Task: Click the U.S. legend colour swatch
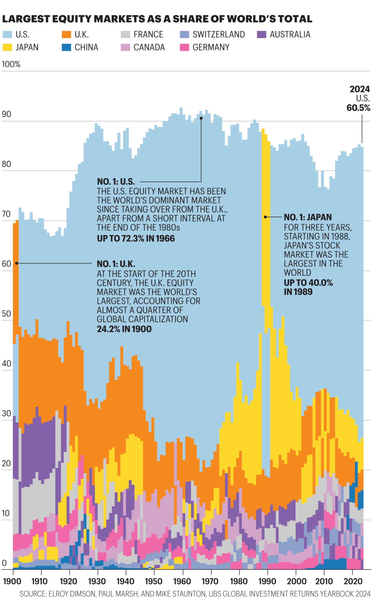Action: tap(7, 34)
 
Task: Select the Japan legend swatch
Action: tap(7, 47)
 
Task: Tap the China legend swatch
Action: tap(66, 47)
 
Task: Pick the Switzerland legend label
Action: tap(219, 34)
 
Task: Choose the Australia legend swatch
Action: tap(261, 34)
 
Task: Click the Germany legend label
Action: tap(211, 47)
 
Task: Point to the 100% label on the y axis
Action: tap(11, 64)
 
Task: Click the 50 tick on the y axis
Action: tap(6, 314)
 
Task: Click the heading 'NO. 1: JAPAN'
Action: tap(308, 217)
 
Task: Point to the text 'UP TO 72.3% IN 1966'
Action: tap(136, 238)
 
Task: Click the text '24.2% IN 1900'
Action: tap(124, 329)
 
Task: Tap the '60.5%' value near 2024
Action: tap(358, 108)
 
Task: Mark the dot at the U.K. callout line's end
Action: tap(17, 263)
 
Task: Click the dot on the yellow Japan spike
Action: tap(265, 217)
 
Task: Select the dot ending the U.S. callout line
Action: tap(201, 118)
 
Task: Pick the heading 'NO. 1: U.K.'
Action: tap(116, 264)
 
